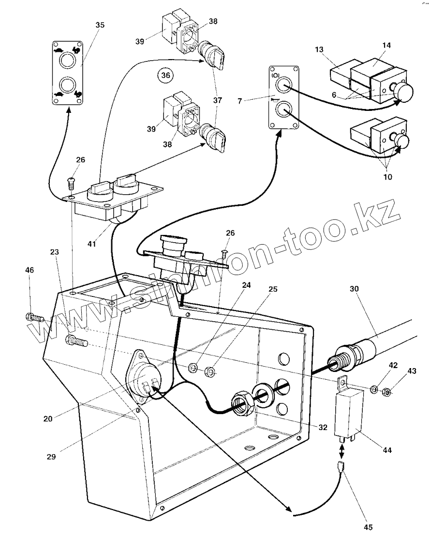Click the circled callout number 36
tap(165, 76)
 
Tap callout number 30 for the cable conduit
tap(355, 289)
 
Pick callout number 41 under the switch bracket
tap(92, 244)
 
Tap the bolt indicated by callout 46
tap(34, 319)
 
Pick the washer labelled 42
tap(374, 389)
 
